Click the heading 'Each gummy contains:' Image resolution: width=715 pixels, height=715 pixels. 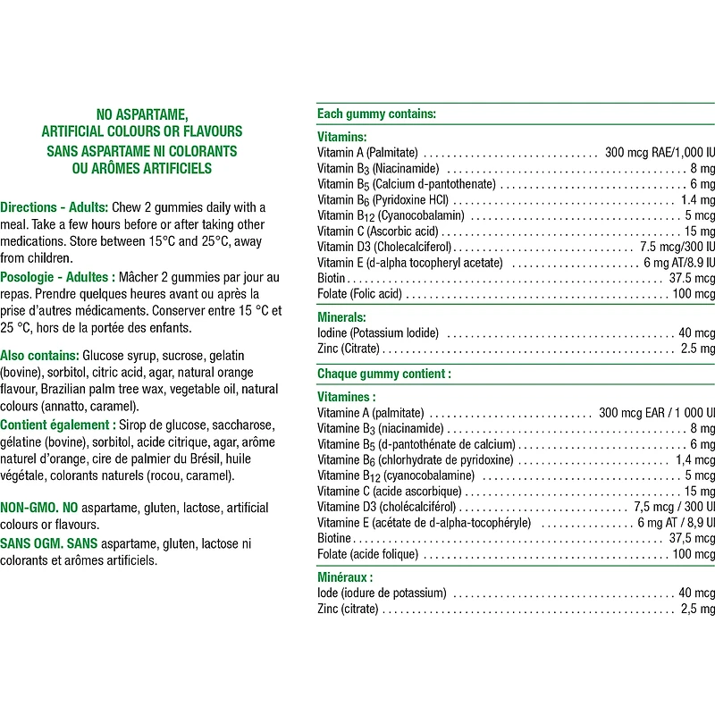coord(376,114)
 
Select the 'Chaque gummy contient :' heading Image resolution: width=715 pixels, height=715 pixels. coord(383,374)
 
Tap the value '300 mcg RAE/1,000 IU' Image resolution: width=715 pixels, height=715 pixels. coord(660,153)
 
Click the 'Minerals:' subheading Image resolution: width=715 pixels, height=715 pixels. coord(341,316)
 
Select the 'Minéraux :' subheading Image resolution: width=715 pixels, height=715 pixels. coord(345,577)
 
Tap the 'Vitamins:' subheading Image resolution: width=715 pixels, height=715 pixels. coord(341,137)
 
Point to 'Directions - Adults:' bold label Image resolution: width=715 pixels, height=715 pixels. coord(55,207)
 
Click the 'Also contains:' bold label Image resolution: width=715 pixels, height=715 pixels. coord(39,355)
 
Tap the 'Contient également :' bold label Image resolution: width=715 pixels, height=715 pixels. coord(58,424)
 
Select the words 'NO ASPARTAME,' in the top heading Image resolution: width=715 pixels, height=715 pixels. coord(141,114)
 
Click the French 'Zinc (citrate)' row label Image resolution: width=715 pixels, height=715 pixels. coord(348,609)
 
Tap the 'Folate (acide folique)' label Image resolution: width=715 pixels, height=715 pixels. coord(367,554)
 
